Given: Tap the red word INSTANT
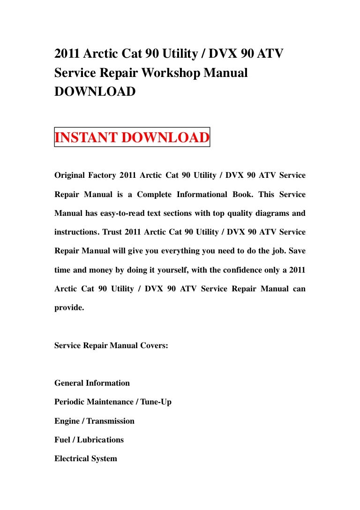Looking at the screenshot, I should [86, 137].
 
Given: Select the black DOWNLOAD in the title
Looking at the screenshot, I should [95, 91].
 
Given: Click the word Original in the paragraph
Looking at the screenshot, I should [68, 175].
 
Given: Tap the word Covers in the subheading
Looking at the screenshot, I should [153, 346].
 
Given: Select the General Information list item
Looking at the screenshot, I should [92, 383].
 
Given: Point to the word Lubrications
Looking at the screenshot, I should [100, 440].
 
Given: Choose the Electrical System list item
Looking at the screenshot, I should [86, 458].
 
